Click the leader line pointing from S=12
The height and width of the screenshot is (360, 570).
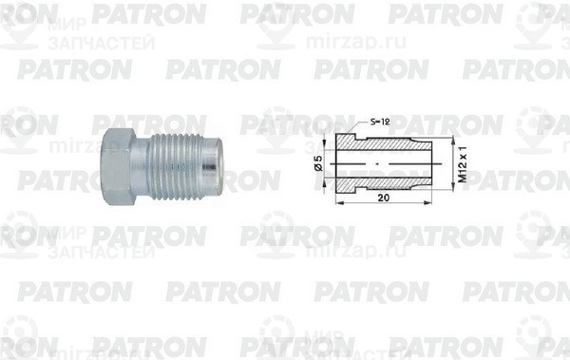[x=356, y=130]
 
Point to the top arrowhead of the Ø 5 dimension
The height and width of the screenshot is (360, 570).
[x=329, y=157]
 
